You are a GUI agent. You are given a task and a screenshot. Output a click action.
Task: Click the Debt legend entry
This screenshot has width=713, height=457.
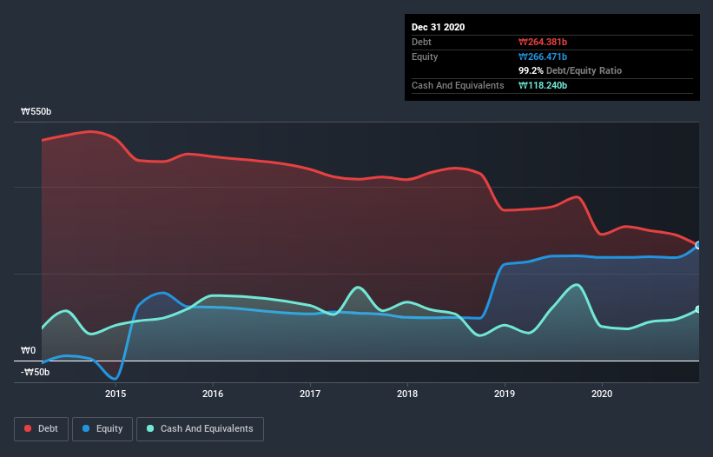point(40,428)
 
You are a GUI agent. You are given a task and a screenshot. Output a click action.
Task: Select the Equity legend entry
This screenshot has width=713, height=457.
point(102,428)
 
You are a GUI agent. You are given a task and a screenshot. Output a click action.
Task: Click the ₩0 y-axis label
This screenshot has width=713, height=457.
point(30,351)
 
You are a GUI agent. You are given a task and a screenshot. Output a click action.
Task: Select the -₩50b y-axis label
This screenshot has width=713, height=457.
point(36,372)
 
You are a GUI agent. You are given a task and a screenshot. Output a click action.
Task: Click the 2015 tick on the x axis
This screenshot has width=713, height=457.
point(116,394)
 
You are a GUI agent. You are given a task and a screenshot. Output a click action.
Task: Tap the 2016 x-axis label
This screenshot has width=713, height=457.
point(213,394)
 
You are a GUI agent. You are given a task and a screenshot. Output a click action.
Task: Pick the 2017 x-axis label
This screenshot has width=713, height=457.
point(310,394)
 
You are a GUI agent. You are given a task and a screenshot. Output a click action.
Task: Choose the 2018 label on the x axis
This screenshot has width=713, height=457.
point(406,394)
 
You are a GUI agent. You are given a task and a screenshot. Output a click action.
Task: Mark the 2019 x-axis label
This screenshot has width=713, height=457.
point(504,394)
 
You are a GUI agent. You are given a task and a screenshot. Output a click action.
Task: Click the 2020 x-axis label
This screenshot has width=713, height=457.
point(601,394)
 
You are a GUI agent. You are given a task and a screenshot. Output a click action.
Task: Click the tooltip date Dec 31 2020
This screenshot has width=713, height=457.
point(439,27)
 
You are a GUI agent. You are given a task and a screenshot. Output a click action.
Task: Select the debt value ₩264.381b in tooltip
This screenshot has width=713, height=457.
point(543,42)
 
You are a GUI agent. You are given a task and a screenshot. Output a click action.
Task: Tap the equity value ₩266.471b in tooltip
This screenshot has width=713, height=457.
point(543,56)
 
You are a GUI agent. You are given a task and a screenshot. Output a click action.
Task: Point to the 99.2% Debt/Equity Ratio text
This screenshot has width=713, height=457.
point(570,70)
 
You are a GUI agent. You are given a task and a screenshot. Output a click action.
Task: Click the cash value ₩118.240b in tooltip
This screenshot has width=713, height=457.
point(543,85)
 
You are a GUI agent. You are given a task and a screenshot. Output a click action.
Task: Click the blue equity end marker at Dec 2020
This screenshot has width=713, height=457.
point(697,245)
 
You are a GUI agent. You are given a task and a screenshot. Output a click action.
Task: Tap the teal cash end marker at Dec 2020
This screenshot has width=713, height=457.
point(697,309)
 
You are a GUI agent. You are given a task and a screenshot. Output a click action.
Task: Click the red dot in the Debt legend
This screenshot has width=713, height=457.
point(28,428)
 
